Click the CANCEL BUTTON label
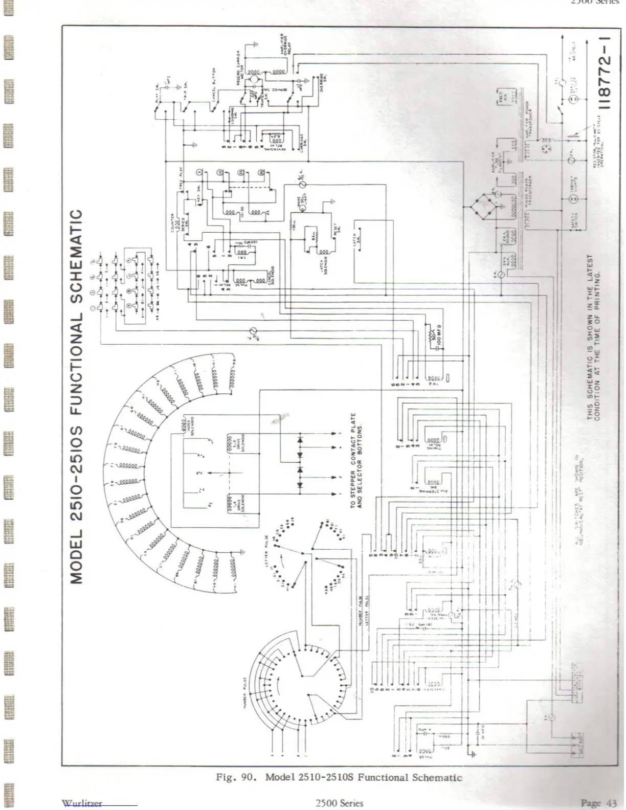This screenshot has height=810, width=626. pos(215,84)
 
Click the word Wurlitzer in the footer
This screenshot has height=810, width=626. pos(81,803)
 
